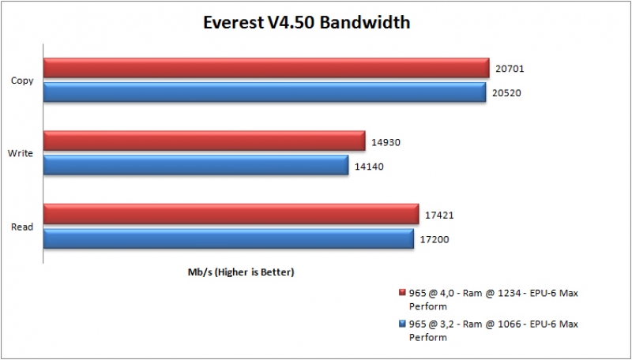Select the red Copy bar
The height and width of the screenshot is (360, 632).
[266, 69]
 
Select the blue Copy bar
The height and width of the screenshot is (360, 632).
[265, 93]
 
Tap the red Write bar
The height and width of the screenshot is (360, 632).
[204, 141]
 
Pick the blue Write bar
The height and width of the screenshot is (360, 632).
[196, 165]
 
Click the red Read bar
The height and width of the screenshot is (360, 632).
[231, 214]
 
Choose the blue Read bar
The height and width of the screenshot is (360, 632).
[228, 238]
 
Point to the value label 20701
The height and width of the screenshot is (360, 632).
[510, 69]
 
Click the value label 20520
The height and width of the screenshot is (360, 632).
[507, 93]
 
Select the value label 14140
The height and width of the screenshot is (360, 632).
[369, 166]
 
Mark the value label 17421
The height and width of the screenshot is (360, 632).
[438, 215]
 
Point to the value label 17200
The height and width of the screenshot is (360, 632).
[434, 238]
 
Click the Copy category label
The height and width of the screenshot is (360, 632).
[22, 81]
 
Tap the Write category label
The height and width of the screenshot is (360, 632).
[21, 153]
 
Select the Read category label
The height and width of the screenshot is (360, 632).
[22, 227]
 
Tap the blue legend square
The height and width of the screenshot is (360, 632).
[403, 324]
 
